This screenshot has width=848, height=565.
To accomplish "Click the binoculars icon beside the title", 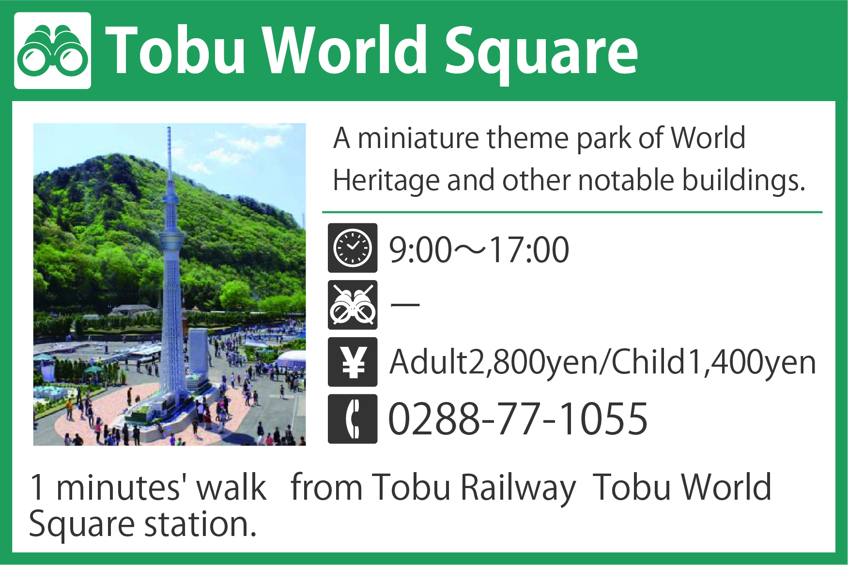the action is coord(52,51).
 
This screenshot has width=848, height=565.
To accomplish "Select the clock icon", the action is coord(353,248).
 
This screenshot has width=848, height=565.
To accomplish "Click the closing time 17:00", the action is coord(529,250).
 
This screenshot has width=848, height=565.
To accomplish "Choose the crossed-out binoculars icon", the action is coord(353,305).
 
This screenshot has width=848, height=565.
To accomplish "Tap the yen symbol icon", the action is coord(353,362).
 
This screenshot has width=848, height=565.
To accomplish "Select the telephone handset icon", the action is coord(353,419).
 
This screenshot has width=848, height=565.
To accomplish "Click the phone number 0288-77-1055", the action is coord(518,418).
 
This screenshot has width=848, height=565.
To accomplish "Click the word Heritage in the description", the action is coord(386,181).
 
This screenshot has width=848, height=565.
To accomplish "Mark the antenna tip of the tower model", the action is coord(169,127).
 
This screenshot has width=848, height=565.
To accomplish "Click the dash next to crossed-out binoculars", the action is coord(405,305).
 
